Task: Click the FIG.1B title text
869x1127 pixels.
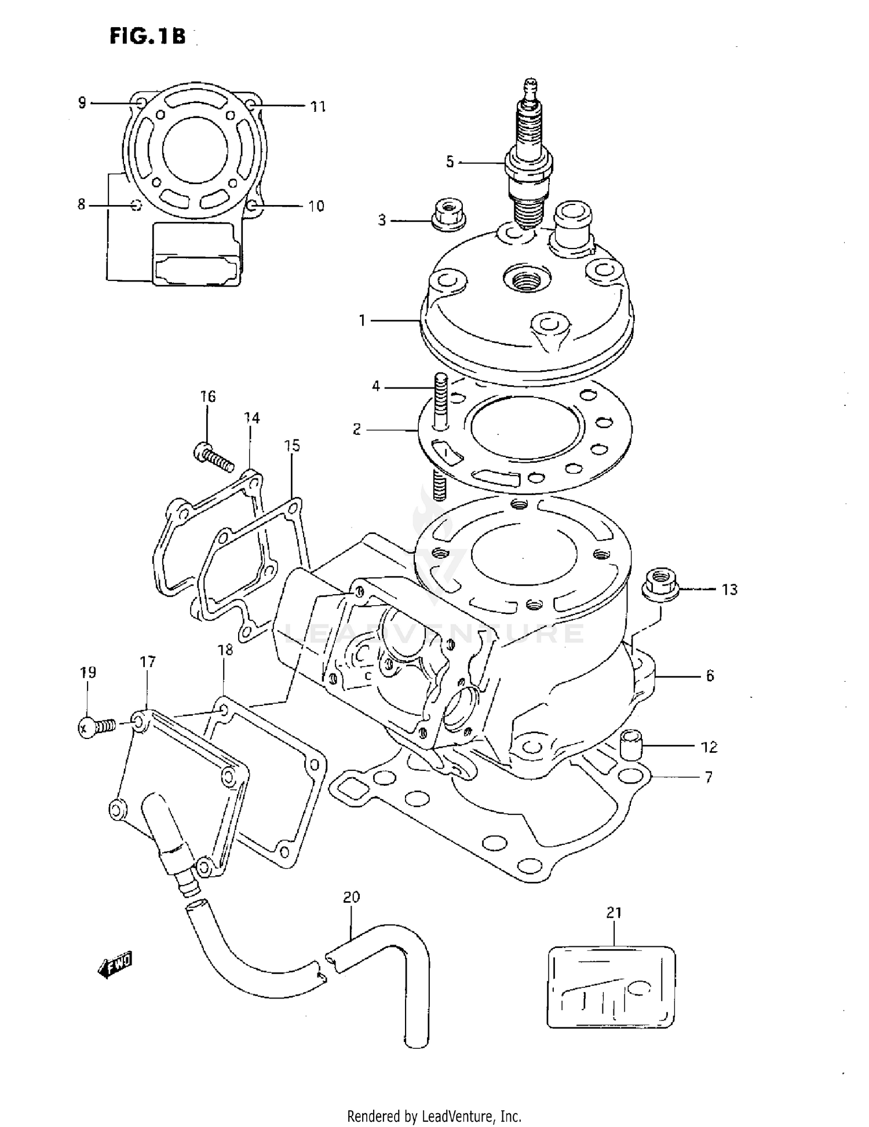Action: pos(148,36)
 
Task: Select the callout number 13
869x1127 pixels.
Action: pos(729,590)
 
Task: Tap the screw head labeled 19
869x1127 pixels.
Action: pos(87,726)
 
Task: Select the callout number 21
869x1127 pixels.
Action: pos(614,913)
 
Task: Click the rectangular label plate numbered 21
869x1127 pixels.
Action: pos(611,987)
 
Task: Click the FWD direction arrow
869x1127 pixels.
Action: pos(115,965)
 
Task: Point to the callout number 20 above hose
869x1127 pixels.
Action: pos(351,897)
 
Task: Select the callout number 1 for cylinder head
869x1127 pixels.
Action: pos(362,320)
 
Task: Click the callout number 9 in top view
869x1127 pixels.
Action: pos(82,103)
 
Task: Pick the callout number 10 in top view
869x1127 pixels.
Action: pos(316,206)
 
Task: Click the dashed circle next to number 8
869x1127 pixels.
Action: pos(136,205)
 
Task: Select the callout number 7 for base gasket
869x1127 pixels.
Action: pos(709,777)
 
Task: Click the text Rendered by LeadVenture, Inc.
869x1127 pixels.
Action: pos(434,1115)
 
